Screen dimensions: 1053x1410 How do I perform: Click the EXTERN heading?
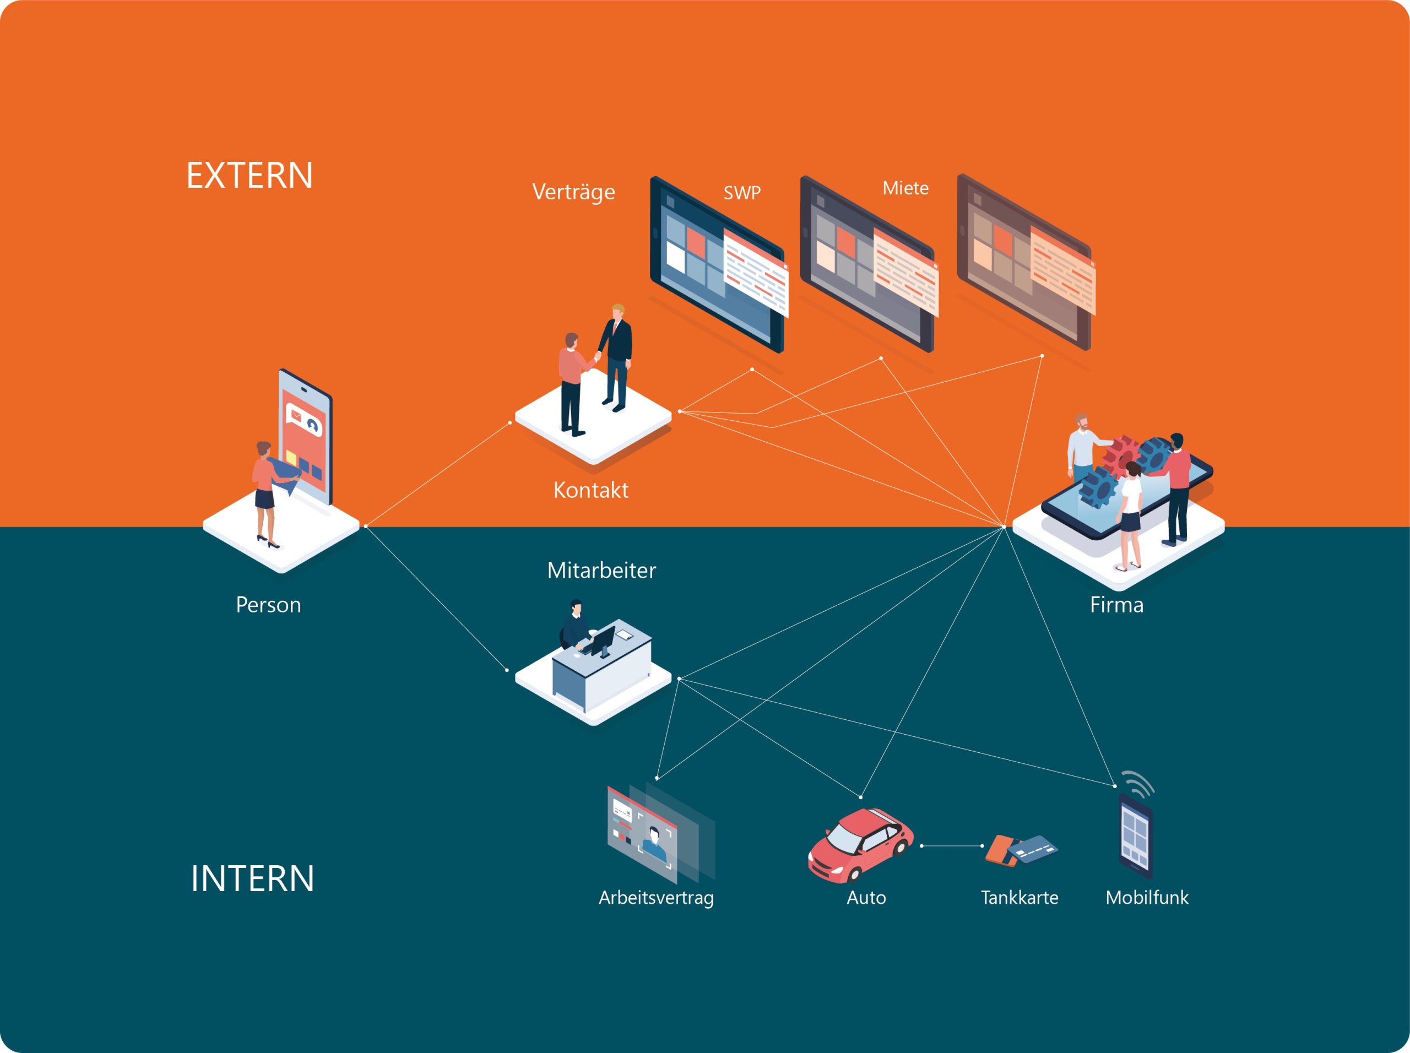[250, 175]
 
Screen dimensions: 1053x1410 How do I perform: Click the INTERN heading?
[252, 878]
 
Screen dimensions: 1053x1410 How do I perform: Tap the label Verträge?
[573, 191]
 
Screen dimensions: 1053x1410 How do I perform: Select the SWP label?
[741, 193]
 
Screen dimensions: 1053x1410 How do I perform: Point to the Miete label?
[905, 188]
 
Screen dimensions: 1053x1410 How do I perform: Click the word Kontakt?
[590, 490]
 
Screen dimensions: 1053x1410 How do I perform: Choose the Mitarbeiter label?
[601, 570]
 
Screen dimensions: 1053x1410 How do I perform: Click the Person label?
[268, 604]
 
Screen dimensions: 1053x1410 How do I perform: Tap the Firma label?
[1116, 604]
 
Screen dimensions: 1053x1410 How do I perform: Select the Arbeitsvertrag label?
[656, 898]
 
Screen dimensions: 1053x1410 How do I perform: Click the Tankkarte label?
[1019, 898]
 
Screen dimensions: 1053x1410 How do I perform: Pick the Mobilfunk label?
[1147, 898]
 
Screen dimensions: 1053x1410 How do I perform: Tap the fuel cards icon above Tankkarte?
[1020, 850]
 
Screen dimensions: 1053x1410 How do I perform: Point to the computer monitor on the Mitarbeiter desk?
[603, 640]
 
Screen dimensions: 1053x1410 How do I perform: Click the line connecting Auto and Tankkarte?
[952, 846]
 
